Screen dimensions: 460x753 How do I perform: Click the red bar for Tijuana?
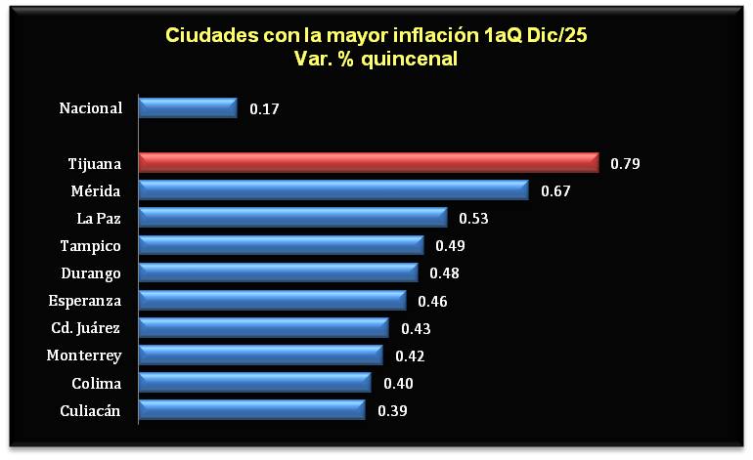click(368, 163)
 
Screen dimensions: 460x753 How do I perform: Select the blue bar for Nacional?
click(188, 108)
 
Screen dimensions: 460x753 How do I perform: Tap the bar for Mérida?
click(332, 190)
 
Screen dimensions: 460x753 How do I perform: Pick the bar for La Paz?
click(292, 218)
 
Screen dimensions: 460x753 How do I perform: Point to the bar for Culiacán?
click(251, 410)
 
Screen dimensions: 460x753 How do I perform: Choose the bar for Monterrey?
click(260, 355)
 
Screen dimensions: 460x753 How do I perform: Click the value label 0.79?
click(625, 164)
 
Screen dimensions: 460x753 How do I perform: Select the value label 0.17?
click(264, 109)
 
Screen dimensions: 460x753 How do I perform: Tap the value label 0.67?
click(555, 191)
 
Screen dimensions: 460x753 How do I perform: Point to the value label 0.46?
click(432, 301)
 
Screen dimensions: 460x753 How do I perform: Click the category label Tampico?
click(91, 245)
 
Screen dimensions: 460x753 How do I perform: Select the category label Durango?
click(91, 272)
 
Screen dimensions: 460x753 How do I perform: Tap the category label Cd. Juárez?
click(86, 328)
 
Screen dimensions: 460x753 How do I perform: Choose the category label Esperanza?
click(86, 300)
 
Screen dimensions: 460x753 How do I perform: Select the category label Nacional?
click(91, 108)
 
